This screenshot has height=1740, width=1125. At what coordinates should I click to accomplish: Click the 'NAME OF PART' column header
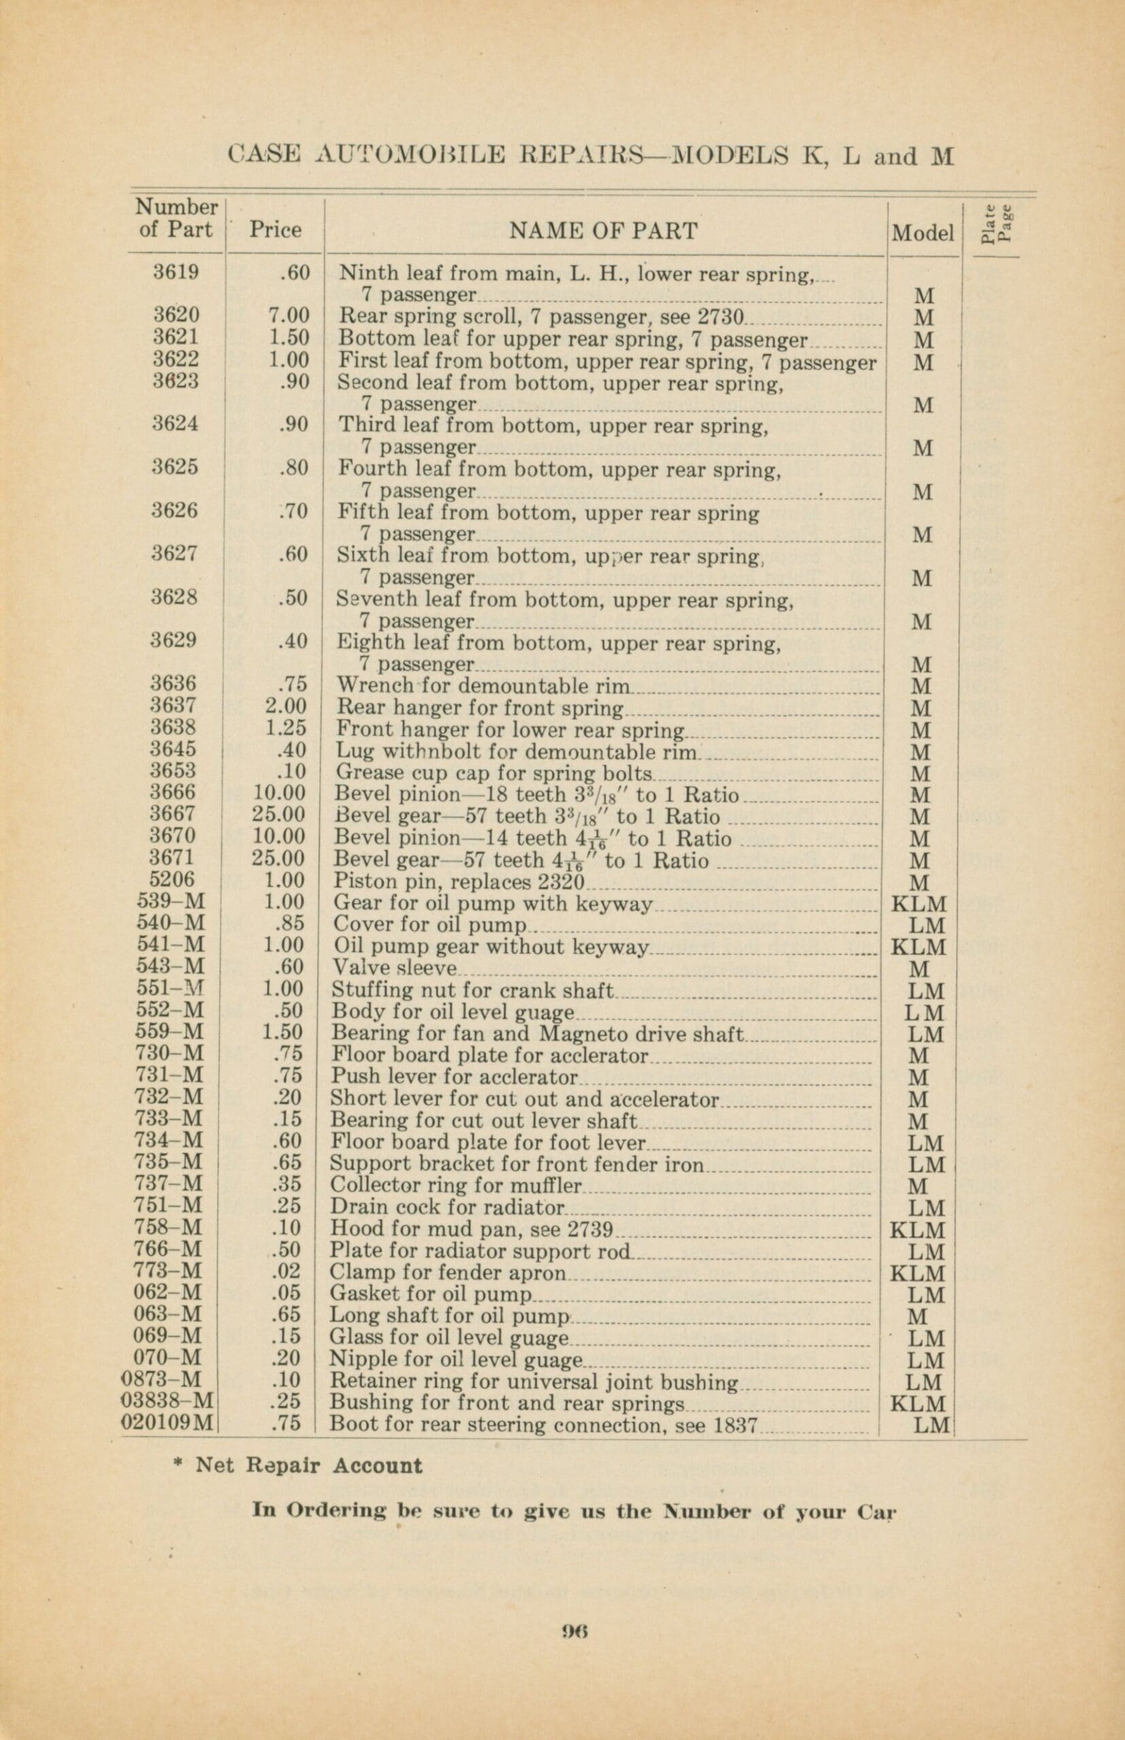pyautogui.click(x=603, y=231)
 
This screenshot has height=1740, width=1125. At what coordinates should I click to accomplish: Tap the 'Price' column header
pyautogui.click(x=275, y=230)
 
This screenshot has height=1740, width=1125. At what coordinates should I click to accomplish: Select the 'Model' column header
pyautogui.click(x=923, y=233)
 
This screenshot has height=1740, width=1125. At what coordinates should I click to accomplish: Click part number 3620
pyautogui.click(x=176, y=315)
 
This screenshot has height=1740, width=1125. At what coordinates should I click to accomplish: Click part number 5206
pyautogui.click(x=176, y=881)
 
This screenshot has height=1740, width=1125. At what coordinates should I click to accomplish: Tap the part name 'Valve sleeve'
pyautogui.click(x=394, y=968)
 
